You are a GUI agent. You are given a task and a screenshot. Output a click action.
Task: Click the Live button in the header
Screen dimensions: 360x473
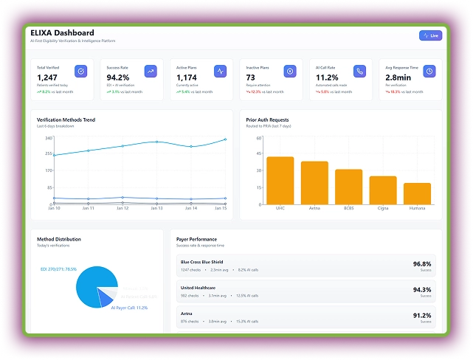(430, 35)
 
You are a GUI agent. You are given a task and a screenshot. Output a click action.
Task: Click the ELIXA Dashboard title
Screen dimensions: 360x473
(62, 32)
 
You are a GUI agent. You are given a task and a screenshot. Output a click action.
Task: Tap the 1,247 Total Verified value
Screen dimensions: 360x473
(47, 77)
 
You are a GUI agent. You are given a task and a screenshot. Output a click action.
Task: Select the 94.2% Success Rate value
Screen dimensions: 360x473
(118, 77)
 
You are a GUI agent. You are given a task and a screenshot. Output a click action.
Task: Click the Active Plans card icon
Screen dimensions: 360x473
(220, 72)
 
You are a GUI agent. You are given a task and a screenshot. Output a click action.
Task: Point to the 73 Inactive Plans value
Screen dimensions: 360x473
(251, 77)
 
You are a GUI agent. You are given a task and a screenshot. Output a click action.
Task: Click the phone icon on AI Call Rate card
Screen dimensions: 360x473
(359, 72)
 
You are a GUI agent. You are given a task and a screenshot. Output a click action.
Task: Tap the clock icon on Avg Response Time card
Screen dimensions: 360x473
(429, 72)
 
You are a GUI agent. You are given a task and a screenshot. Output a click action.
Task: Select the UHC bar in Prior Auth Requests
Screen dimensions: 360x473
(280, 181)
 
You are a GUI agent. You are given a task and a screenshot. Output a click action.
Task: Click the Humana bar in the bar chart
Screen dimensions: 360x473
(417, 193)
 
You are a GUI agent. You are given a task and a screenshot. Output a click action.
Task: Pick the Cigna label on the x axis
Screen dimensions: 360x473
(383, 209)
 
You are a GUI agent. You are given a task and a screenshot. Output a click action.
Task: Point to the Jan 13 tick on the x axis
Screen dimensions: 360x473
(156, 209)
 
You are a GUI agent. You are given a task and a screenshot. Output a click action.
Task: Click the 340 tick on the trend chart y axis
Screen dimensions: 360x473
(48, 138)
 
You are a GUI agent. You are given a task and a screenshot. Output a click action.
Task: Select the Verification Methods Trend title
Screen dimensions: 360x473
(66, 120)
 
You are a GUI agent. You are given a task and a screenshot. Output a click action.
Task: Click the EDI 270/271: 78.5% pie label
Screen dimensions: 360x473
(59, 269)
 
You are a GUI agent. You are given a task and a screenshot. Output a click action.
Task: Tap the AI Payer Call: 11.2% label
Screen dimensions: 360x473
(129, 308)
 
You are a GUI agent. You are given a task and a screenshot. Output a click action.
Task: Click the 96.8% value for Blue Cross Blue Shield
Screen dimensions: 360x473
(422, 263)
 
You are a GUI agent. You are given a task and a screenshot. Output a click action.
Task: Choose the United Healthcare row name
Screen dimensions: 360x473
(198, 288)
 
